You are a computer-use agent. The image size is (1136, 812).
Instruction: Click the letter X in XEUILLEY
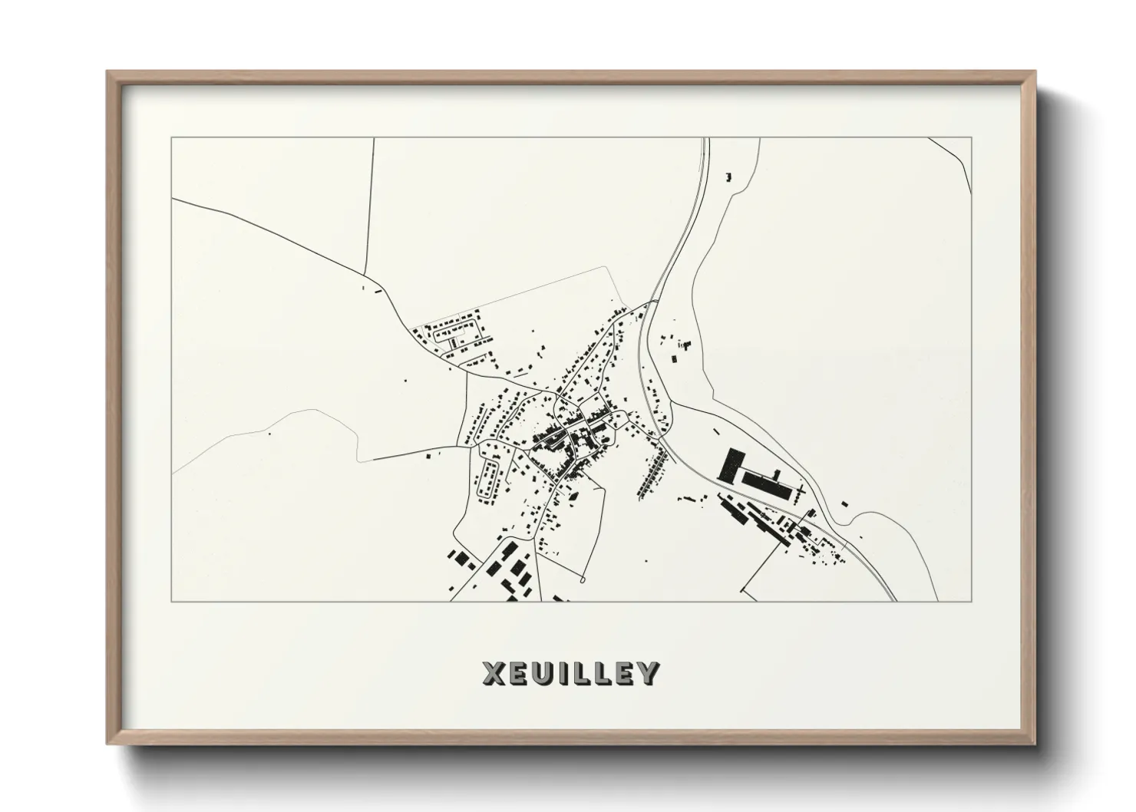(x=494, y=673)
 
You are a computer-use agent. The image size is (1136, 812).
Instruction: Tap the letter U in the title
(x=542, y=673)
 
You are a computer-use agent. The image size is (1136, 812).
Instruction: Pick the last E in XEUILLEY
(x=624, y=673)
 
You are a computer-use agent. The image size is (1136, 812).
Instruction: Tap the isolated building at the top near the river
(x=728, y=177)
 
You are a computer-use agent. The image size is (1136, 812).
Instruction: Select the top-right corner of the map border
(x=971, y=137)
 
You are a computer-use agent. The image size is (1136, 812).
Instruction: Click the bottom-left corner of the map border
(x=172, y=601)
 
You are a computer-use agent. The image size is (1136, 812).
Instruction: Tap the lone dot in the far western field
(x=269, y=433)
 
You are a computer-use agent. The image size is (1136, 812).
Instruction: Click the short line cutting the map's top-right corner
(x=952, y=153)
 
